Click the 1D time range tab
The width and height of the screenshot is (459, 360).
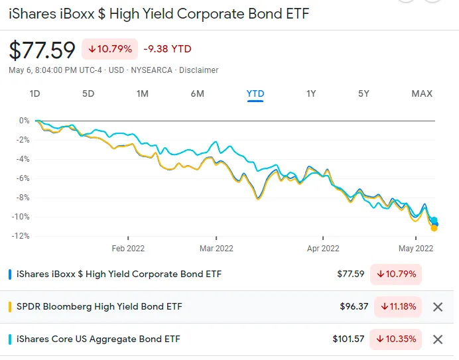(35, 93)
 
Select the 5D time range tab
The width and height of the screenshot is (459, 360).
(88, 93)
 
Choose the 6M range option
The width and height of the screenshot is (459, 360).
(197, 93)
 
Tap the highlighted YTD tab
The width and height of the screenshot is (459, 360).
(255, 93)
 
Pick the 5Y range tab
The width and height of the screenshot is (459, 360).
(363, 93)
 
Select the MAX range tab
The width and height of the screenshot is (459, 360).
(422, 93)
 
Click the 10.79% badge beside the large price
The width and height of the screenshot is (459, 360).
(109, 48)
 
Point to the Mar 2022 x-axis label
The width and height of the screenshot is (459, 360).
(216, 249)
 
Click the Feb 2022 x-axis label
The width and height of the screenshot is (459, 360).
(127, 249)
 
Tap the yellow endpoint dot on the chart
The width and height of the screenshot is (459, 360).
(434, 228)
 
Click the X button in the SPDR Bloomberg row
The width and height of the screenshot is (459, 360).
(437, 307)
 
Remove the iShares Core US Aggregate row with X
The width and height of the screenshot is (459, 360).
(437, 339)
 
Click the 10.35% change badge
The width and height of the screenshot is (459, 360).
(397, 339)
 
